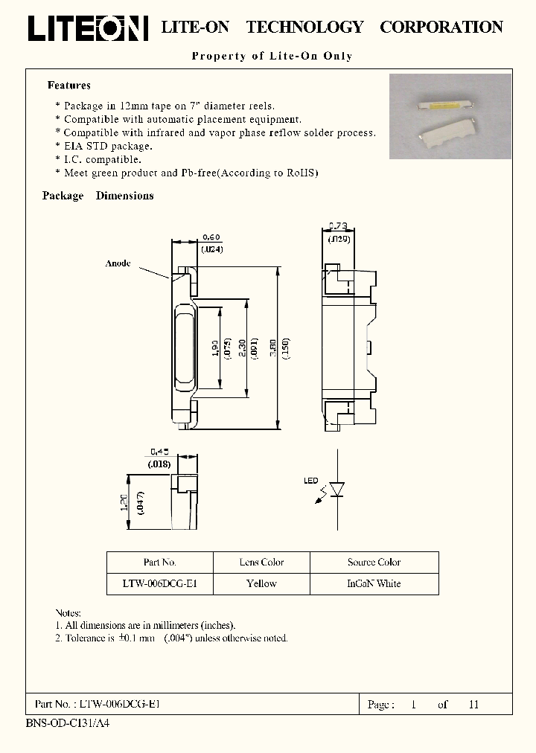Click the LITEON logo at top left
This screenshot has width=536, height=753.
(88, 28)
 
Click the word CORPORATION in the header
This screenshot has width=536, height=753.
(441, 28)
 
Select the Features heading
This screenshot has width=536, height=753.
(69, 86)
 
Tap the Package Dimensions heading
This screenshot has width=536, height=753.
(98, 196)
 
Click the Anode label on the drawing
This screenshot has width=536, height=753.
(118, 263)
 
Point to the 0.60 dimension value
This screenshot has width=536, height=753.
(211, 237)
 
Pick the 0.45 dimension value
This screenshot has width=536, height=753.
(160, 452)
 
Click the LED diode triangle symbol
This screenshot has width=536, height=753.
(336, 489)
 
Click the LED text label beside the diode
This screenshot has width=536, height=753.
(310, 481)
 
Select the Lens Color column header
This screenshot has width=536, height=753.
(261, 563)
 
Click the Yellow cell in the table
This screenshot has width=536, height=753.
(261, 583)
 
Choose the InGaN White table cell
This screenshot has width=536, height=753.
(374, 583)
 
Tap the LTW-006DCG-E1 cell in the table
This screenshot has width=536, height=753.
(159, 583)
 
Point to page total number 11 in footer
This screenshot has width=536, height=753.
(473, 704)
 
